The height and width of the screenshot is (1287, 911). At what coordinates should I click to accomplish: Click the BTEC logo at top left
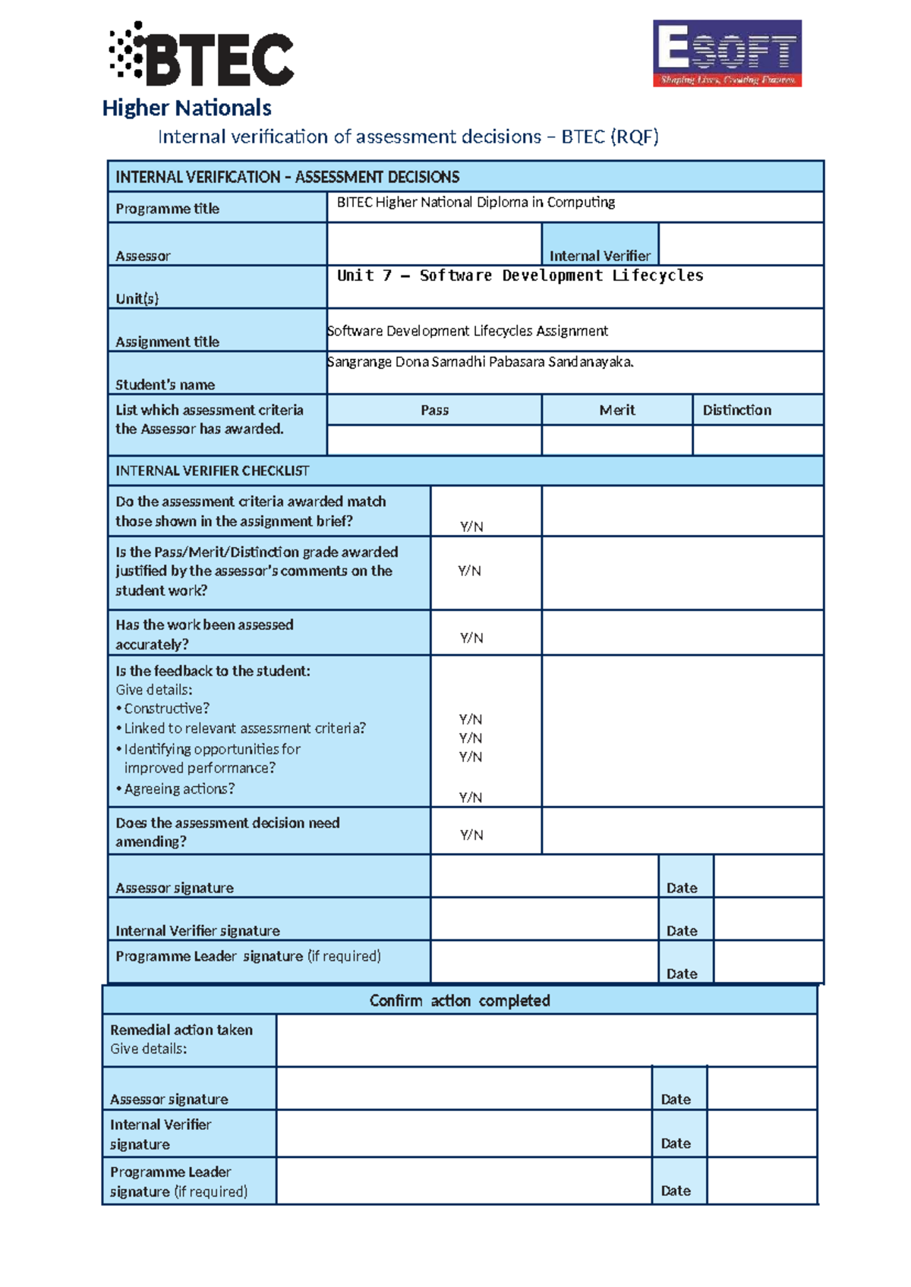pyautogui.click(x=202, y=55)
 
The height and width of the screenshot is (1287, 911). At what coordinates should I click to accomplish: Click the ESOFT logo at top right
pyautogui.click(x=727, y=53)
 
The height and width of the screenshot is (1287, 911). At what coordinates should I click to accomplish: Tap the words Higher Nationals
pyautogui.click(x=187, y=108)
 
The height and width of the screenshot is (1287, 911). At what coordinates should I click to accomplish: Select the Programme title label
pyautogui.click(x=167, y=209)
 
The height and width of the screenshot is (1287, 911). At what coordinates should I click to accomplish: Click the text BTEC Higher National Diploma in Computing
pyautogui.click(x=475, y=202)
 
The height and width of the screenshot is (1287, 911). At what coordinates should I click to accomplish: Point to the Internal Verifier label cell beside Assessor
pyautogui.click(x=600, y=255)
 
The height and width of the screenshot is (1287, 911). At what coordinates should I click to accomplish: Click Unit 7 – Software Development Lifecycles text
pyautogui.click(x=520, y=275)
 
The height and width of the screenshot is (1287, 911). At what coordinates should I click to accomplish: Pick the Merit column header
pyautogui.click(x=616, y=410)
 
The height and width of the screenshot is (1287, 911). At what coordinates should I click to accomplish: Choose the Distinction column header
pyautogui.click(x=736, y=410)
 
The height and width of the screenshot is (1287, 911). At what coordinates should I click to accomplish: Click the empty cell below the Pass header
pyautogui.click(x=434, y=440)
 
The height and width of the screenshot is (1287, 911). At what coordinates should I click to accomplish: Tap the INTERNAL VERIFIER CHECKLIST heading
pyautogui.click(x=212, y=470)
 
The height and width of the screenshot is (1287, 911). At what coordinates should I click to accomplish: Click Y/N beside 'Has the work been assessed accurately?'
pyautogui.click(x=471, y=638)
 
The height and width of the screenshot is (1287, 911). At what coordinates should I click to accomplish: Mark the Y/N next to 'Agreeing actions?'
pyautogui.click(x=470, y=797)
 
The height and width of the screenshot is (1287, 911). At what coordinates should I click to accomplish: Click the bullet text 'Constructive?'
pyautogui.click(x=166, y=708)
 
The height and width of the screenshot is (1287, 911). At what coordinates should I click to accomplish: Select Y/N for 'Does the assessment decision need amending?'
pyautogui.click(x=471, y=835)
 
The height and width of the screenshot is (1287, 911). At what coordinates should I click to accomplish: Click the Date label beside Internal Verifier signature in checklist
pyautogui.click(x=681, y=930)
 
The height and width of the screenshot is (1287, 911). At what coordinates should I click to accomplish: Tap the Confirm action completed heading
pyautogui.click(x=459, y=1000)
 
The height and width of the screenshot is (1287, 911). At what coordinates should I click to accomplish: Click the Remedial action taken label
pyautogui.click(x=181, y=1030)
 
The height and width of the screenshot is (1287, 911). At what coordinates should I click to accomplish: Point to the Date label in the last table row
pyautogui.click(x=675, y=1191)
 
